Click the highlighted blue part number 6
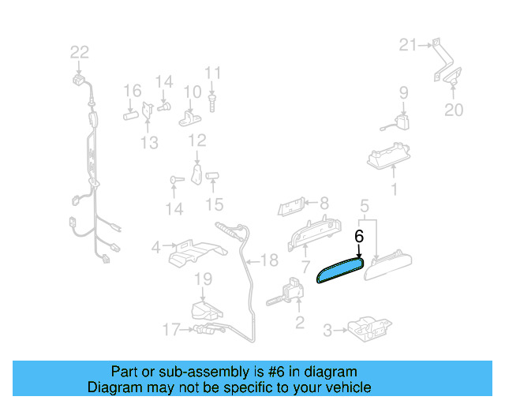pos(339,268)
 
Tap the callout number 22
pos(80,53)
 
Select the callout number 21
pos(407,45)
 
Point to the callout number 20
pos(454,110)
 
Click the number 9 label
pos(403,92)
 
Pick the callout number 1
pos(395,189)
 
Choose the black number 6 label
pos(359,236)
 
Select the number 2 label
pos(299,321)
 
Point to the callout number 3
pos(327,332)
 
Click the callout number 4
pos(156,247)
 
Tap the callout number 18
pos(269,260)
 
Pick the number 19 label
pos(204,279)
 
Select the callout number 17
pos(171,329)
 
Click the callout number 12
pos(196,140)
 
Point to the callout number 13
pos(149,143)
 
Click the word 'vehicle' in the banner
pos(346,387)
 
